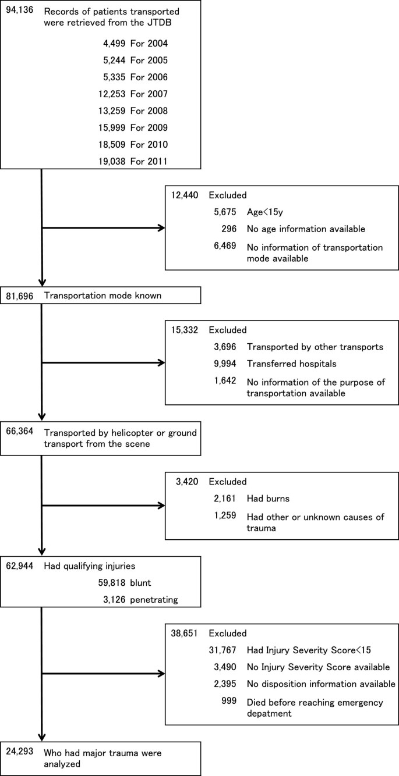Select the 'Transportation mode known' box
click(x=101, y=296)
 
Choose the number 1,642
click(x=224, y=380)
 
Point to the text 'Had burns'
click(x=267, y=498)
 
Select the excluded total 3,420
click(x=186, y=482)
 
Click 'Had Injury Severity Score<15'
click(x=310, y=649)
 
